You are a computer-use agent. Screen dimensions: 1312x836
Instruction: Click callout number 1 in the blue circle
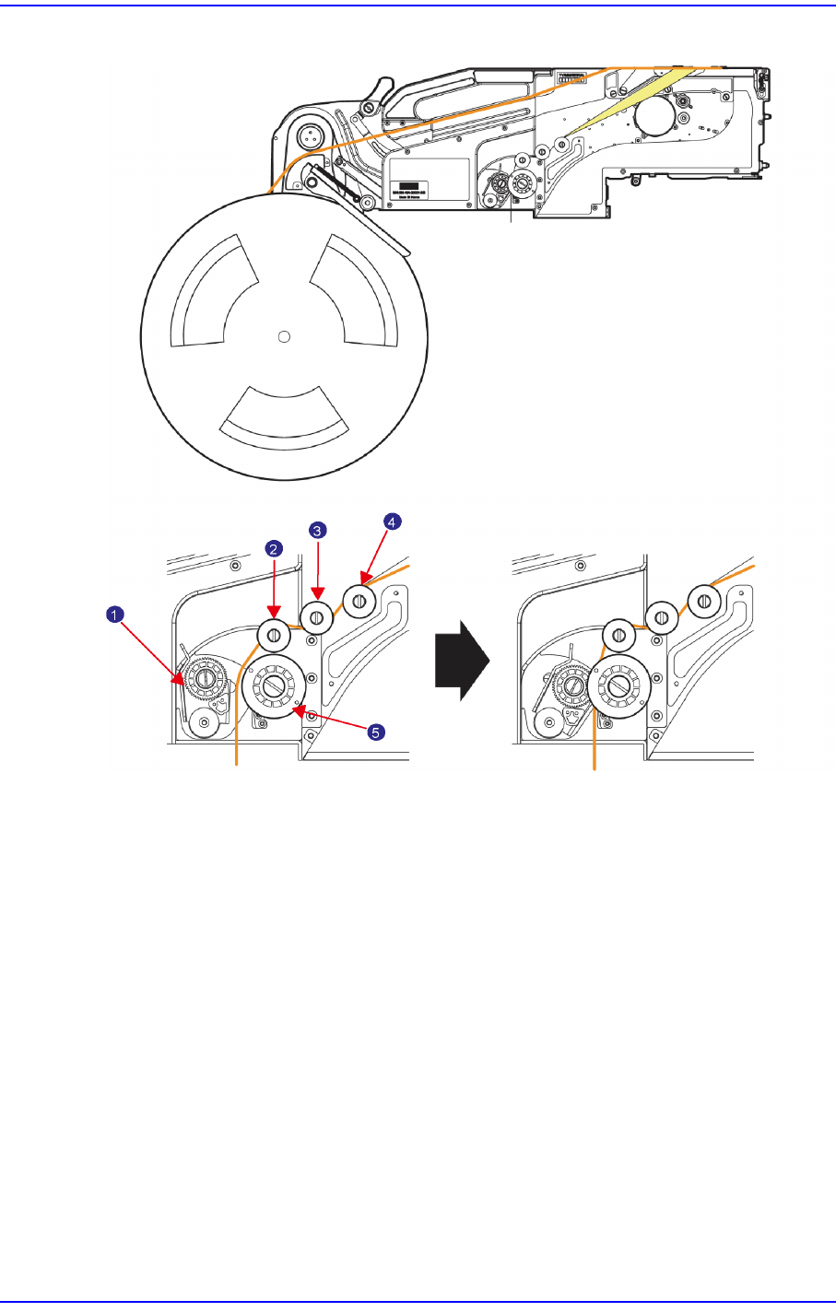112,613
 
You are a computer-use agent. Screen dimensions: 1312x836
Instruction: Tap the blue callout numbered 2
274,548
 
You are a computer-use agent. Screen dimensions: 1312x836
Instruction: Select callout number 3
316,531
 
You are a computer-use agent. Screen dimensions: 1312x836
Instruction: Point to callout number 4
392,521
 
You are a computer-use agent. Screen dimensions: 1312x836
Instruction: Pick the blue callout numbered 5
374,732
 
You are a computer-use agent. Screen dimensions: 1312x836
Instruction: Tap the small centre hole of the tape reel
284,335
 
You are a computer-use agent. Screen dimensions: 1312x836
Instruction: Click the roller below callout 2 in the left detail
274,633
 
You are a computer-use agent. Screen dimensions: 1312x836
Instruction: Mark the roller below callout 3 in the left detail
316,616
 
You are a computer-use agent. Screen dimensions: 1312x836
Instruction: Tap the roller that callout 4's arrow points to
359,602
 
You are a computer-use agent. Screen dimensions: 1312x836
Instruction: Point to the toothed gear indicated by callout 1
206,679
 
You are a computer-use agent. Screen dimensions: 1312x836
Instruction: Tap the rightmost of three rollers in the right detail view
705,602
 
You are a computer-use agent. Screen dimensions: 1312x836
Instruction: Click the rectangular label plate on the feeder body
428,182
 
